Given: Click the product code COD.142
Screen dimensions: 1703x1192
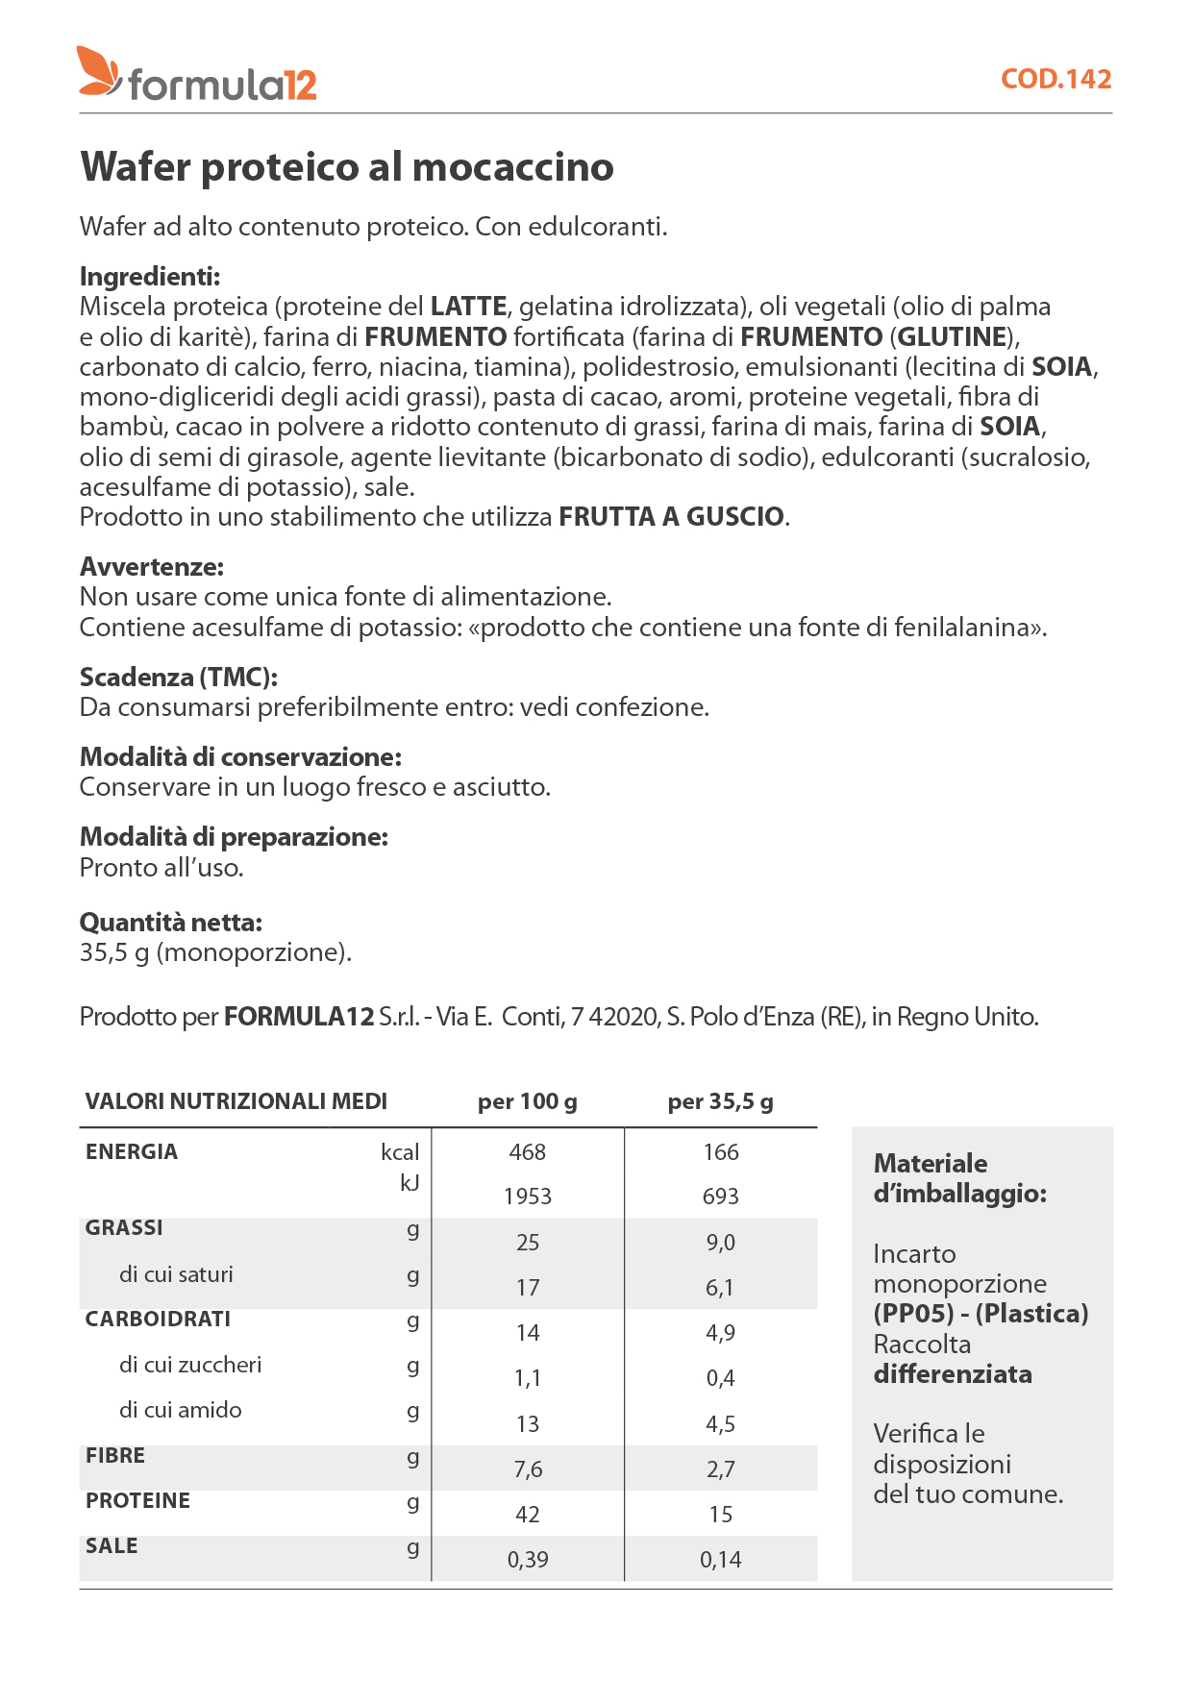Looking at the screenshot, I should pyautogui.click(x=1055, y=79).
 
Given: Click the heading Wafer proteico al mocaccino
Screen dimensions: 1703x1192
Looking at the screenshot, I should pyautogui.click(x=347, y=167).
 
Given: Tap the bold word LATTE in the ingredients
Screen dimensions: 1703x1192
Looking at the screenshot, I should pyautogui.click(x=468, y=307).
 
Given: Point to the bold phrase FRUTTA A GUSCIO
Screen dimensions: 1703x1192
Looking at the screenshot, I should pyautogui.click(x=672, y=517).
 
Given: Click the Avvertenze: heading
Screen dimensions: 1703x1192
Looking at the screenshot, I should pyautogui.click(x=151, y=567).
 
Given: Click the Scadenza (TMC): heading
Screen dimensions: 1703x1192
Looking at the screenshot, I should pyautogui.click(x=178, y=678).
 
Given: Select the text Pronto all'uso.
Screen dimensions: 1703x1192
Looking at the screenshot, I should pyautogui.click(x=161, y=868).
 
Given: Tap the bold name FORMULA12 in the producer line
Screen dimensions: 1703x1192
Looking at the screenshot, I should pyautogui.click(x=299, y=1017).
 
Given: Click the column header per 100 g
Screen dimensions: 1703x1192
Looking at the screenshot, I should pyautogui.click(x=527, y=1101).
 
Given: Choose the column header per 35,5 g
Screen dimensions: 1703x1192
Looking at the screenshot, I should pyautogui.click(x=720, y=1101).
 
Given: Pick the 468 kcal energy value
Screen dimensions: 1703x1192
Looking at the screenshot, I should pyautogui.click(x=527, y=1152).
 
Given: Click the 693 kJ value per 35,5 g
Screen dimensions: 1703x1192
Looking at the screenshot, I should pyautogui.click(x=720, y=1197).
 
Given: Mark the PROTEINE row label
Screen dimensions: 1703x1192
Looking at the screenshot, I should pyautogui.click(x=137, y=1501).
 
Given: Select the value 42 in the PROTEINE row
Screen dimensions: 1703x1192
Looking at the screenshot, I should pyautogui.click(x=527, y=1515).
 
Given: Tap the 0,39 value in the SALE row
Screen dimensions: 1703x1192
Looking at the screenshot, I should pyautogui.click(x=527, y=1560).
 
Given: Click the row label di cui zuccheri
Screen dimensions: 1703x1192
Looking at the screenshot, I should pyautogui.click(x=190, y=1365).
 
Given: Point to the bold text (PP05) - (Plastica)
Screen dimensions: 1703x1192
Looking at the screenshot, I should pyautogui.click(x=981, y=1314).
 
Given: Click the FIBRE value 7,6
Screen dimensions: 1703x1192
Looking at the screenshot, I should pyautogui.click(x=527, y=1469).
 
